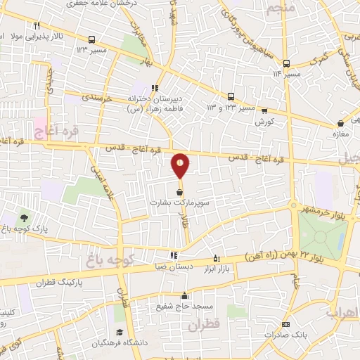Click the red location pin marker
click(181, 165)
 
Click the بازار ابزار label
click(217, 268)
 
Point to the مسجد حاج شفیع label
click(185, 306)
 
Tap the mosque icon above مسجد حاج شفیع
click(184, 296)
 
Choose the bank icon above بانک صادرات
click(285, 324)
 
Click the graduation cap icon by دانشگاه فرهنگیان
click(119, 332)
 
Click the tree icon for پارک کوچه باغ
click(25, 217)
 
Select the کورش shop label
click(264, 121)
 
